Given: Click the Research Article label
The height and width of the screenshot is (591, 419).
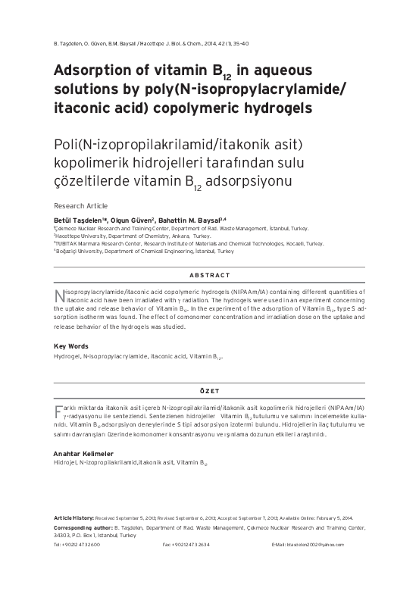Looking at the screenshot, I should point(80,205).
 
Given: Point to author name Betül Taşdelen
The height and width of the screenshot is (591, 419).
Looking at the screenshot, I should point(79,220).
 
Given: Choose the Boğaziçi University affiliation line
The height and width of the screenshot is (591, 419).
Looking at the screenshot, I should point(144,252).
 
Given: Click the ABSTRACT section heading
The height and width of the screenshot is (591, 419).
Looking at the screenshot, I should point(208,275).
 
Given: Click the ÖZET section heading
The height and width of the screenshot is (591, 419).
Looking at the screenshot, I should point(208,390).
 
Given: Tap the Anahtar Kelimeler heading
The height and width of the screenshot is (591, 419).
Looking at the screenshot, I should point(86,452).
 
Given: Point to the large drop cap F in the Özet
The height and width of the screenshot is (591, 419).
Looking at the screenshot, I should point(58,411).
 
